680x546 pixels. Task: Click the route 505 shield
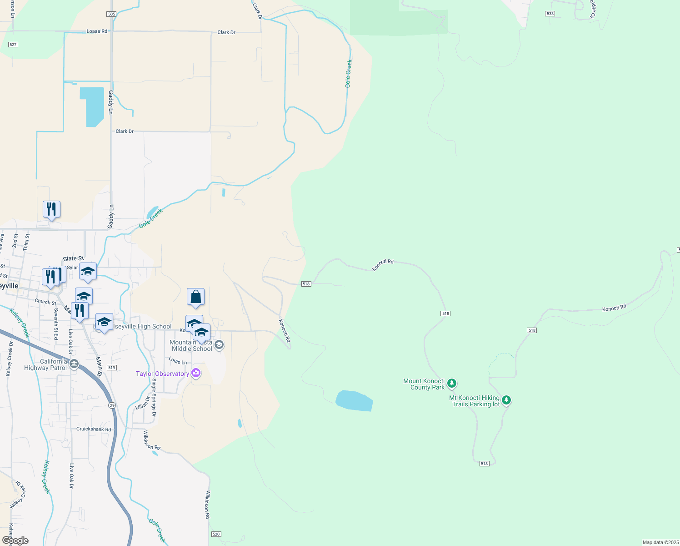(112, 14)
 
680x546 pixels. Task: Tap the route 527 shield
(13, 45)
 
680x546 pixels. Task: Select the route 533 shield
(550, 14)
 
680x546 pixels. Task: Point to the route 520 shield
(216, 534)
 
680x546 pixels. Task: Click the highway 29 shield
(112, 405)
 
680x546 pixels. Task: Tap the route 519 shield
(112, 367)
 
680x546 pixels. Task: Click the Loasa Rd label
(97, 31)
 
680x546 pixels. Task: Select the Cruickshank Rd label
(94, 429)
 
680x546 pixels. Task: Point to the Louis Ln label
(178, 361)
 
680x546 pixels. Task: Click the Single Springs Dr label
(154, 397)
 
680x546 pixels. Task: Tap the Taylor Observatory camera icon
(196, 373)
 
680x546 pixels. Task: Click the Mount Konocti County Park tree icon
(451, 384)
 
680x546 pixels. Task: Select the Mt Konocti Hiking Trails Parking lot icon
(506, 400)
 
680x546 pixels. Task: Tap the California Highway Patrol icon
(74, 364)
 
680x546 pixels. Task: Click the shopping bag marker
(196, 297)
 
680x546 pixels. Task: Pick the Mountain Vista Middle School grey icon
(219, 345)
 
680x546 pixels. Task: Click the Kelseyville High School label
(142, 326)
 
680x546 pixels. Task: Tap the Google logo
(15, 541)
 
